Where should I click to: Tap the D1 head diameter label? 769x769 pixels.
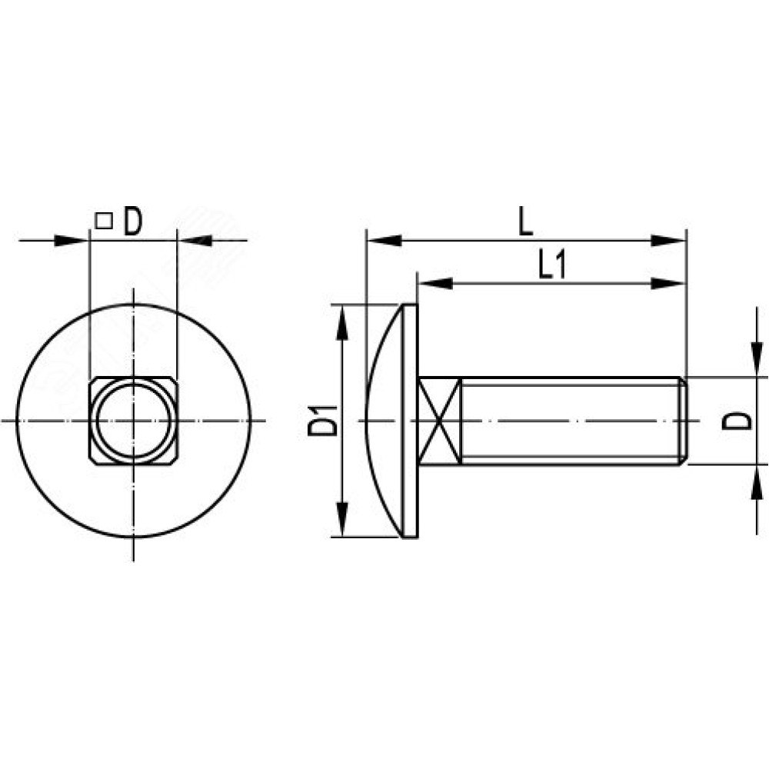323,421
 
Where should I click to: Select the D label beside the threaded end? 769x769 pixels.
737,421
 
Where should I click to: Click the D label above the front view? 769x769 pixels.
132,221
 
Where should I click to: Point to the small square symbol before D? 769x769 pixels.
104,221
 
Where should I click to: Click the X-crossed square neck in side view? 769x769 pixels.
440,421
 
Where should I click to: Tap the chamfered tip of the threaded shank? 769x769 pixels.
683,421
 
